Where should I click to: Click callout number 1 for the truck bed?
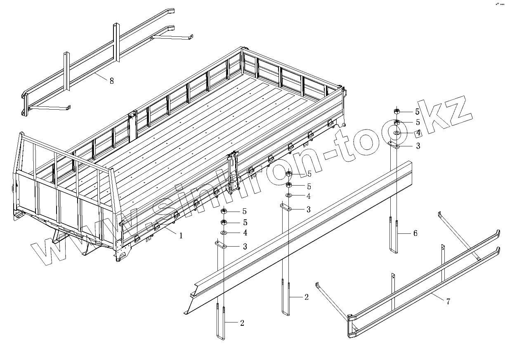[180, 235]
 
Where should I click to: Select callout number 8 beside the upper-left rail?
[111, 81]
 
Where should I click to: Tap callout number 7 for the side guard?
[448, 301]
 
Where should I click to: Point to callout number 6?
[415, 233]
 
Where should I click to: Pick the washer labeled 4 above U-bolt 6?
[396, 133]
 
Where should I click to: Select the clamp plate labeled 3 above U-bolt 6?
[394, 145]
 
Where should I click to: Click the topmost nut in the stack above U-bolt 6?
[396, 111]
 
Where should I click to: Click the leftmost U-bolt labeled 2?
[220, 326]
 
